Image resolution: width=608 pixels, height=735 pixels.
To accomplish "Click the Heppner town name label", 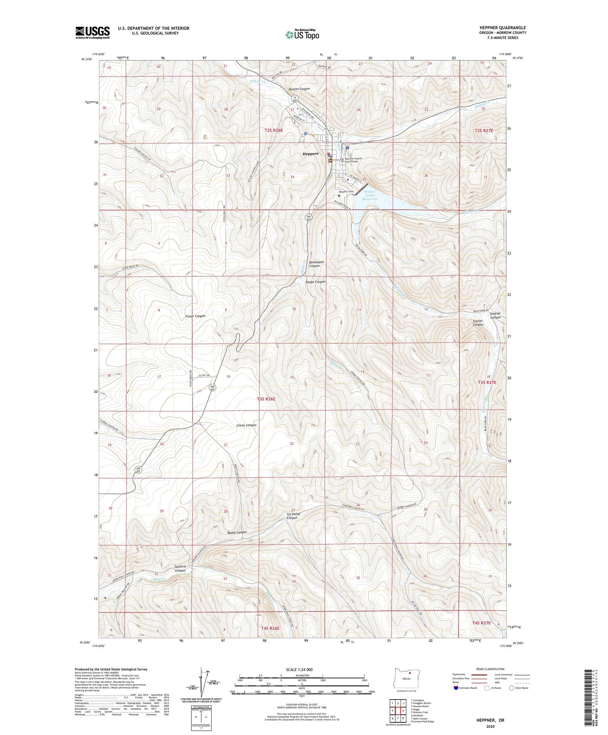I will point(311,154).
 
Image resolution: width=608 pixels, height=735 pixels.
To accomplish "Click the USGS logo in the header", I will point(93,32).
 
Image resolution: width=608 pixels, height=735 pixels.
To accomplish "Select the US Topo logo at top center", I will point(302,35).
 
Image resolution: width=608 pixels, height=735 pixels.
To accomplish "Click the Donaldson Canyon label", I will point(316,264).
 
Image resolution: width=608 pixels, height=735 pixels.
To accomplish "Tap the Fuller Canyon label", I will point(195,316).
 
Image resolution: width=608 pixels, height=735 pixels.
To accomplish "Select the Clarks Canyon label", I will point(246,425).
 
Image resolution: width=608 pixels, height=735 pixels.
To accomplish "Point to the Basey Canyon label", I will point(237,532).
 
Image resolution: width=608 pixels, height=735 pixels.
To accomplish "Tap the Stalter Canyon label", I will point(478,322).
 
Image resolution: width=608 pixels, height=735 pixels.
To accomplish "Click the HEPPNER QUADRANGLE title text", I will point(502,28).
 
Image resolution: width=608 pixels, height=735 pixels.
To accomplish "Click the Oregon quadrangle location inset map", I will point(406,679).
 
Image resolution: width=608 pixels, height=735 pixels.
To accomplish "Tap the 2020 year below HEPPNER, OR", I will point(490,726).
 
